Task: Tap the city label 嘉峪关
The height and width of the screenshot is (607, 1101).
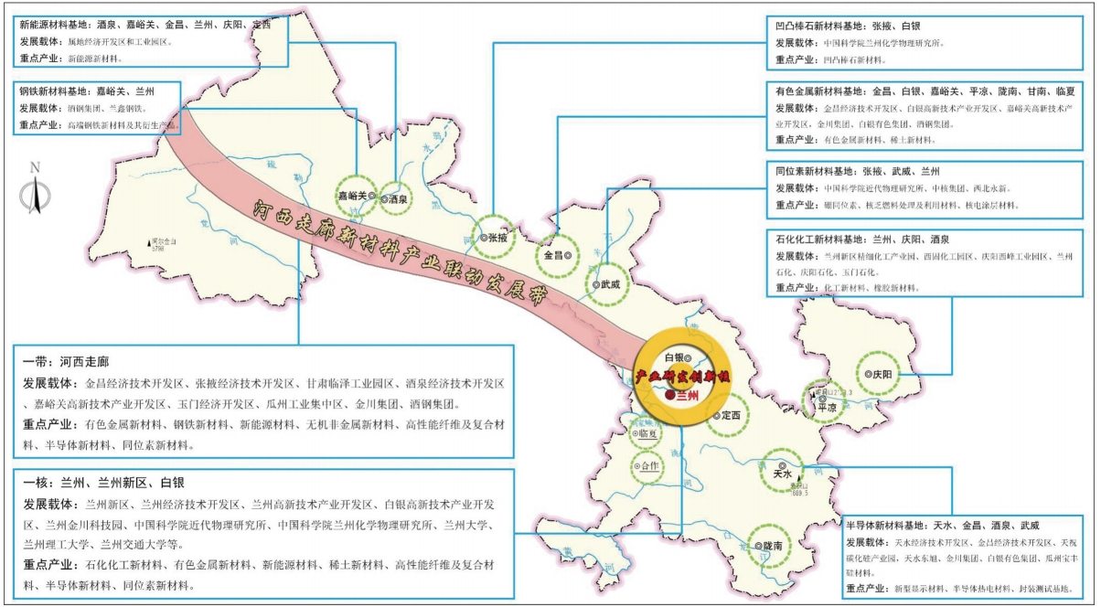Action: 352,195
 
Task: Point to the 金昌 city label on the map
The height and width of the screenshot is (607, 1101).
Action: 554,256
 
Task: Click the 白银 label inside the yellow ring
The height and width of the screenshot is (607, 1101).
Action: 674,357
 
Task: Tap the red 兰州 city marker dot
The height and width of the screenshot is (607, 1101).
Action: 670,396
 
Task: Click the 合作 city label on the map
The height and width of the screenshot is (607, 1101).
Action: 650,465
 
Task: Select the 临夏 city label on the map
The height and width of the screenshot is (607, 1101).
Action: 647,434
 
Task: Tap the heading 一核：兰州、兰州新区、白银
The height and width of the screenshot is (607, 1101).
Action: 109,483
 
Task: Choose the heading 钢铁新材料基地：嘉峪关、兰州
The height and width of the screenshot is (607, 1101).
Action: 86,91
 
